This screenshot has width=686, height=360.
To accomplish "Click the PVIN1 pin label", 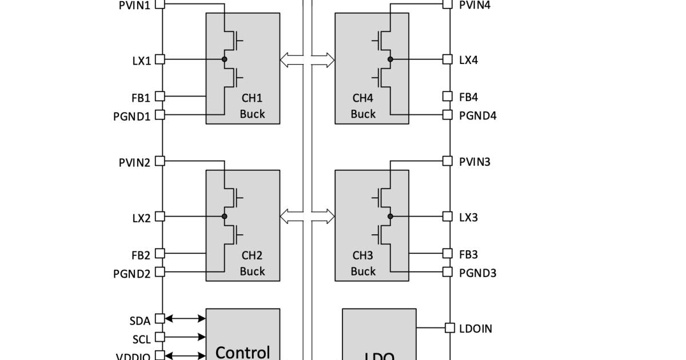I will pyautogui.click(x=134, y=6).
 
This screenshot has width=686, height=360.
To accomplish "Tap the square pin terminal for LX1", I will pyautogui.click(x=160, y=59).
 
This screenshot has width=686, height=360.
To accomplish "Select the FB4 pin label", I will pyautogui.click(x=469, y=97).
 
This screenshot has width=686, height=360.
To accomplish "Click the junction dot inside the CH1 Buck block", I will pyautogui.click(x=225, y=59).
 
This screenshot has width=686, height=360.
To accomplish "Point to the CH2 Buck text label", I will pyautogui.click(x=252, y=263).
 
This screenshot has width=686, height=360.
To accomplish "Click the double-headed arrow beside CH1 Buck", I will pyautogui.click(x=292, y=59).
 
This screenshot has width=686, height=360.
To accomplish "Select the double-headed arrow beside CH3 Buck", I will pyautogui.click(x=322, y=217).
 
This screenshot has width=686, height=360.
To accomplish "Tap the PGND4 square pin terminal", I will pyautogui.click(x=448, y=115).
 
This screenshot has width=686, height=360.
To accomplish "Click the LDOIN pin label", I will pyautogui.click(x=476, y=329).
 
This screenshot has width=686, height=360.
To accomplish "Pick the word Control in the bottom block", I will pyautogui.click(x=242, y=352).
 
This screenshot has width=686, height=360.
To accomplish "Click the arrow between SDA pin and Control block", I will pyautogui.click(x=185, y=318).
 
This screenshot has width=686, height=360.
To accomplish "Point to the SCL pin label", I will pyautogui.click(x=141, y=339).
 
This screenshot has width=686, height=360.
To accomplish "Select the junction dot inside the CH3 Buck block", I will pyautogui.click(x=390, y=217).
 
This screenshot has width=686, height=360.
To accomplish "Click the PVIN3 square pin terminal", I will pyautogui.click(x=448, y=161).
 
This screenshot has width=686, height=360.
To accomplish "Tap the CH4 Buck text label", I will pyautogui.click(x=363, y=106).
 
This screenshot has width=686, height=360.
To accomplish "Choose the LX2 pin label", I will pyautogui.click(x=141, y=218).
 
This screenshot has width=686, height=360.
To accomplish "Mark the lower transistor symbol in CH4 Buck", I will pyautogui.click(x=381, y=75).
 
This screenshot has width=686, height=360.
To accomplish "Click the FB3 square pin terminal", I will pyautogui.click(x=448, y=253).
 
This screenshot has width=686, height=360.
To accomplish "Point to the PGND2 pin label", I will pyautogui.click(x=131, y=274).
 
